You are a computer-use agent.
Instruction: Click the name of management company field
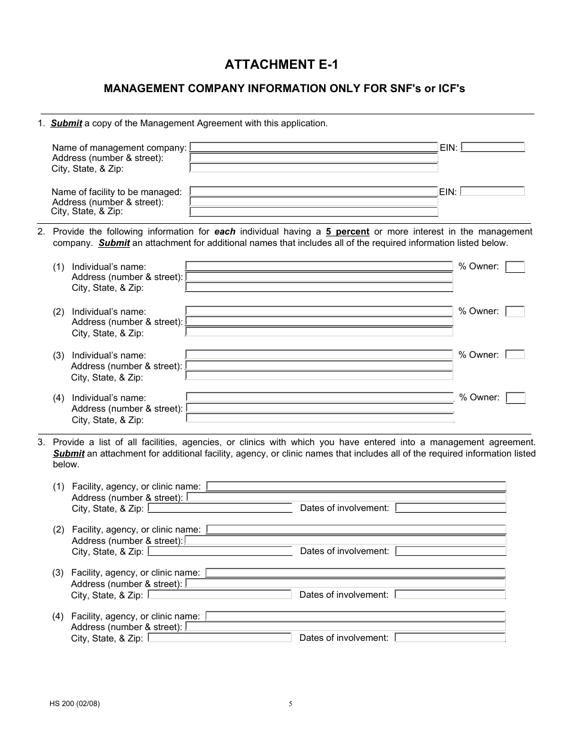pyautogui.click(x=313, y=147)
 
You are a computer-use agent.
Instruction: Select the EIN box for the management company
pyautogui.click(x=493, y=147)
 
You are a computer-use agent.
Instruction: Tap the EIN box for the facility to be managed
pyautogui.click(x=493, y=191)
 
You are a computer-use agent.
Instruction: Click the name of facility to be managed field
pyautogui.click(x=313, y=191)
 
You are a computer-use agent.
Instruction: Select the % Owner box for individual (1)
pyautogui.click(x=515, y=267)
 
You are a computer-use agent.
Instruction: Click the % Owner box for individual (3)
pyautogui.click(x=515, y=355)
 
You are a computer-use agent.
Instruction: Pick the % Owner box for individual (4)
pyautogui.click(x=515, y=398)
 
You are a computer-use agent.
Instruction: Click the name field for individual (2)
pyautogui.click(x=319, y=311)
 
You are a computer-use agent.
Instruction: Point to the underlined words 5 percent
pyautogui.click(x=347, y=232)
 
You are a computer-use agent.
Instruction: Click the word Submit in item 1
pyautogui.click(x=66, y=123)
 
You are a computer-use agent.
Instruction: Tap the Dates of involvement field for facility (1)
pyautogui.click(x=451, y=508)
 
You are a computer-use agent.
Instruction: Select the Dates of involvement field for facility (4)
pyautogui.click(x=450, y=638)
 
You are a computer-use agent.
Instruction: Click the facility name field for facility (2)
pyautogui.click(x=356, y=530)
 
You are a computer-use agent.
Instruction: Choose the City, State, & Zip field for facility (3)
pyautogui.click(x=219, y=595)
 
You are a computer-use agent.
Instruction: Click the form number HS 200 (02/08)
pyautogui.click(x=75, y=704)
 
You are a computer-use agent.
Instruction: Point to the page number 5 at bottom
pyautogui.click(x=291, y=704)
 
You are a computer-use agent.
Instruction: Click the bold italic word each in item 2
pyautogui.click(x=225, y=232)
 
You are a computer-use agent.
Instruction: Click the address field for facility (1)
pyautogui.click(x=346, y=497)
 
